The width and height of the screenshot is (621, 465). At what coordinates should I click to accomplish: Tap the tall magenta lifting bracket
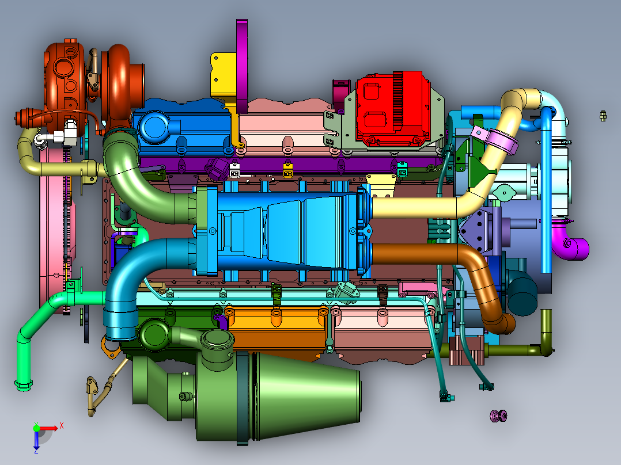pyautogui.click(x=242, y=65)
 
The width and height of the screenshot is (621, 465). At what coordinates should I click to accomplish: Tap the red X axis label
pyautogui.click(x=62, y=426)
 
